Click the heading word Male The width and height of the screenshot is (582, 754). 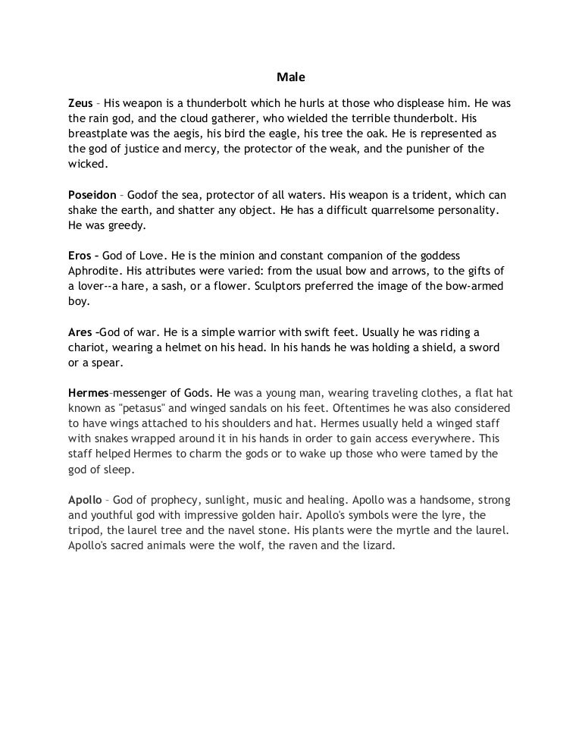pyautogui.click(x=290, y=77)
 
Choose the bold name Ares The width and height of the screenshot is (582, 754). pyautogui.click(x=80, y=332)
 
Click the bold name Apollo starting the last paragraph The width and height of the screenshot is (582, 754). pyautogui.click(x=84, y=501)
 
